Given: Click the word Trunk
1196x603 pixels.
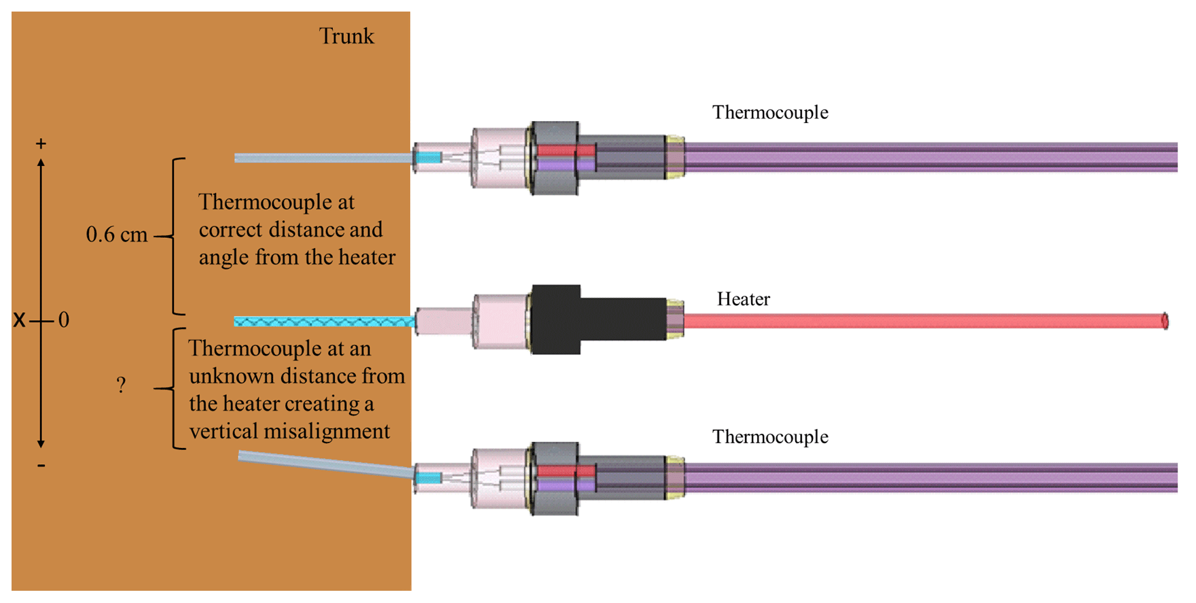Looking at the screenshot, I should pos(346,36).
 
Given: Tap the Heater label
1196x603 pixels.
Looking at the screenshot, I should pos(743,299).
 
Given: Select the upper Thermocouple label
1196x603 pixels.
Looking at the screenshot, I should pos(769,112).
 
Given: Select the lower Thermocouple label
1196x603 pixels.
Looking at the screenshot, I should pos(769,436).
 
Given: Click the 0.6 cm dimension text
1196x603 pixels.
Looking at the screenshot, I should pos(117,235).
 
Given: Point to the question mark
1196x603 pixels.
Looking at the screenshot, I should pos(121,385).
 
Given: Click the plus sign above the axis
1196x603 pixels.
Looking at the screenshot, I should pos(41,143).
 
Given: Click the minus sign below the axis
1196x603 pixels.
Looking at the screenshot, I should pos(41,466).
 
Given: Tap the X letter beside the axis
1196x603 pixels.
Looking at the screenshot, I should pos(19,320).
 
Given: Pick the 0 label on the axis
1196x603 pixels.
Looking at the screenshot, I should pos(64,320).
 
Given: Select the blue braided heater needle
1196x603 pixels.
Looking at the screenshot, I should pos(323,321).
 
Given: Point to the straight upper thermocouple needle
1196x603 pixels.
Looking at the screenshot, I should pos(323,158).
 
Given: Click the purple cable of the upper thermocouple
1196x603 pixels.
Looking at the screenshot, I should pos(930,157).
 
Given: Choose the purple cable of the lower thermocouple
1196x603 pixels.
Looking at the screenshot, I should pos(930,478).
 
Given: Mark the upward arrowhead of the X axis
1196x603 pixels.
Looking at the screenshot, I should pos(41,163).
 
